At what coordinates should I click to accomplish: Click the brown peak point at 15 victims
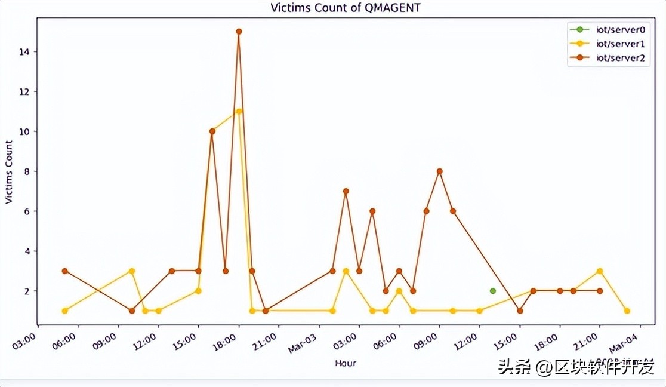(x=239, y=32)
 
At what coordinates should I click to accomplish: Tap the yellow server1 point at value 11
(x=239, y=112)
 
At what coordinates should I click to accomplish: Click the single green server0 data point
(x=493, y=291)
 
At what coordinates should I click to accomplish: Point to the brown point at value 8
(x=440, y=171)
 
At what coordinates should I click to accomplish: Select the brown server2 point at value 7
(x=346, y=191)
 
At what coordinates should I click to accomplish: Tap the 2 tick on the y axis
(x=27, y=291)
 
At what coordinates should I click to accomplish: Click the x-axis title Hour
(x=346, y=363)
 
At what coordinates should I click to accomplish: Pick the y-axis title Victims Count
(x=9, y=172)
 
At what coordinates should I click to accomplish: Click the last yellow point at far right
(x=627, y=311)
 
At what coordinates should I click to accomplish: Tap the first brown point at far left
(x=64, y=271)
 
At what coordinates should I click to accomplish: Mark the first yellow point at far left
(x=64, y=311)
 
